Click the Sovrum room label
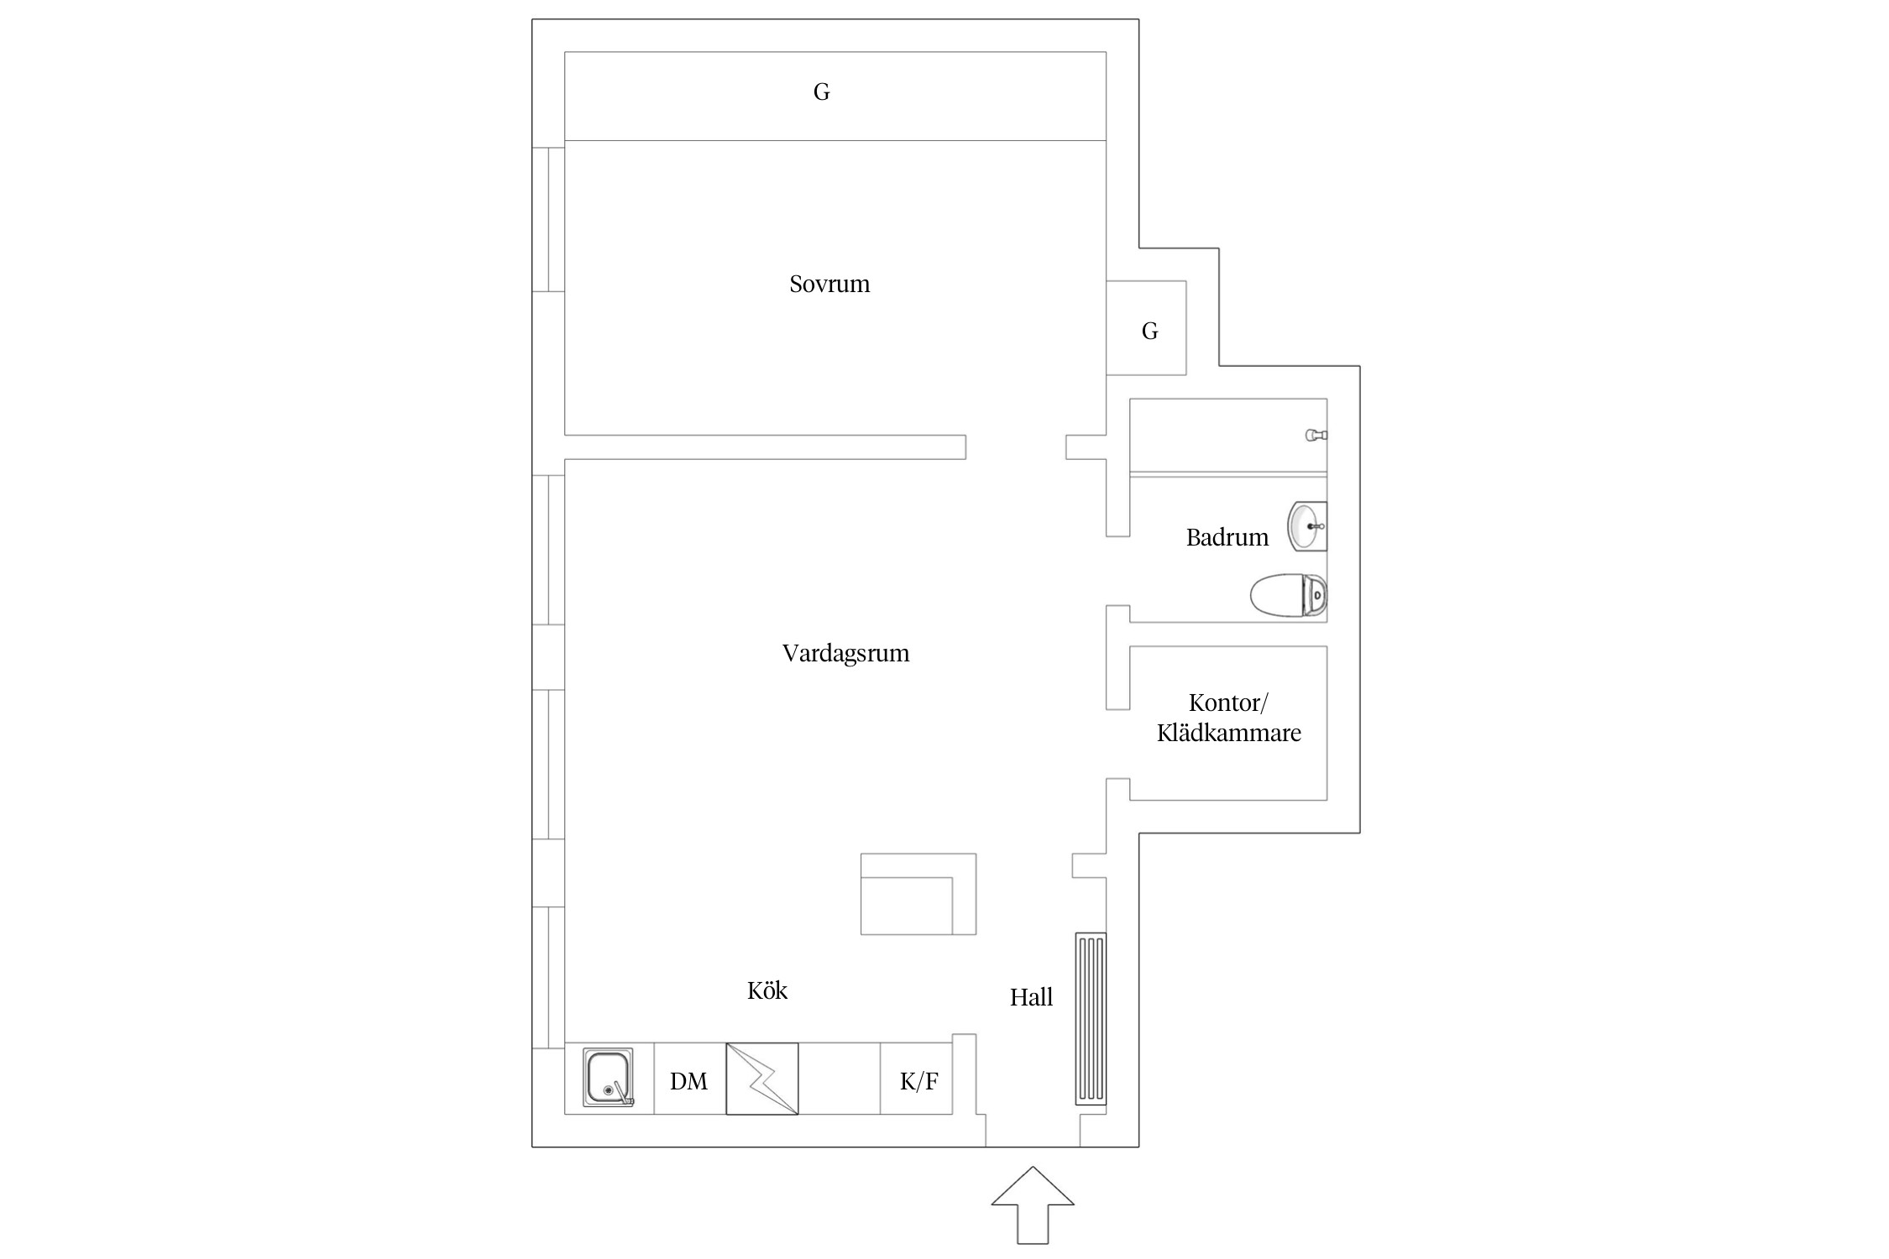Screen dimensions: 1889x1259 tap(829, 284)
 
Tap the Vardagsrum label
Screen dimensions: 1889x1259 tap(845, 653)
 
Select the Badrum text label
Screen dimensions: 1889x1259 tap(1227, 537)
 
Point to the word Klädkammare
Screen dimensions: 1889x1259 tap(1229, 733)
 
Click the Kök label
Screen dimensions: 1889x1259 tap(767, 990)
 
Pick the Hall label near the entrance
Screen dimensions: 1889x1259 tap(1031, 997)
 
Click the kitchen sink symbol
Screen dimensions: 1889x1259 tap(609, 1078)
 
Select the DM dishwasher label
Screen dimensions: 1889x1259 tap(688, 1081)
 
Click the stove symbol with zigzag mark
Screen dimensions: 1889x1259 tap(761, 1079)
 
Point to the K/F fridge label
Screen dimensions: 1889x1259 tap(918, 1081)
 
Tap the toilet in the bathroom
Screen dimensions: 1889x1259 tap(1289, 595)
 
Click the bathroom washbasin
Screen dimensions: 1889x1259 tap(1307, 526)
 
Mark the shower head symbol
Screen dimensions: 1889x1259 tap(1316, 435)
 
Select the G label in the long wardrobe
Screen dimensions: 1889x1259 tap(821, 91)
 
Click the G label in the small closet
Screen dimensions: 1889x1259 tap(1149, 331)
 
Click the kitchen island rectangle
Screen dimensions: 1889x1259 tap(918, 894)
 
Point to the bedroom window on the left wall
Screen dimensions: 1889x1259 tap(548, 219)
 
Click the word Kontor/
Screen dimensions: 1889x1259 tap(1228, 703)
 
